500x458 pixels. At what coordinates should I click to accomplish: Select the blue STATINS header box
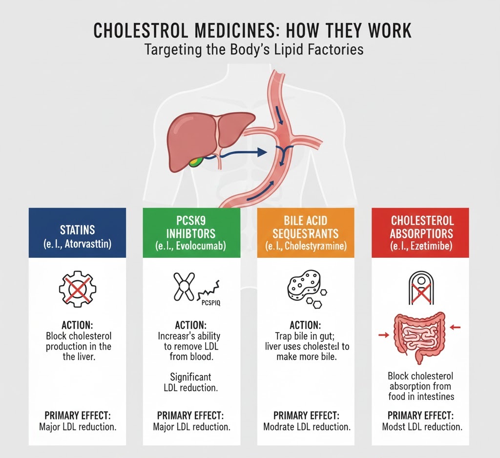pyautogui.click(x=78, y=232)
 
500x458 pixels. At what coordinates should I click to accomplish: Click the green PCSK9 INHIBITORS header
pyautogui.click(x=191, y=232)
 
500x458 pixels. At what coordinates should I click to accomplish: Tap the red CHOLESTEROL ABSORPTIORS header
pyautogui.click(x=421, y=232)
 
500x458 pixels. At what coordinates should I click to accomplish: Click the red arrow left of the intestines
pyautogui.click(x=384, y=335)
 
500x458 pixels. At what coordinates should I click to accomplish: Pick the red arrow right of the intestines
pyautogui.click(x=456, y=327)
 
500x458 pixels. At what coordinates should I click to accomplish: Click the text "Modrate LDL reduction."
pyautogui.click(x=307, y=427)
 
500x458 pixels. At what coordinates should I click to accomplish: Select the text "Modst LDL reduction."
pyautogui.click(x=421, y=427)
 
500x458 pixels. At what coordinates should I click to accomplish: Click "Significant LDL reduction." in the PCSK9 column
pyautogui.click(x=191, y=382)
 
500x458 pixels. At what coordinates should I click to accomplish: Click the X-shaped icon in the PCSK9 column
pyautogui.click(x=185, y=287)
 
